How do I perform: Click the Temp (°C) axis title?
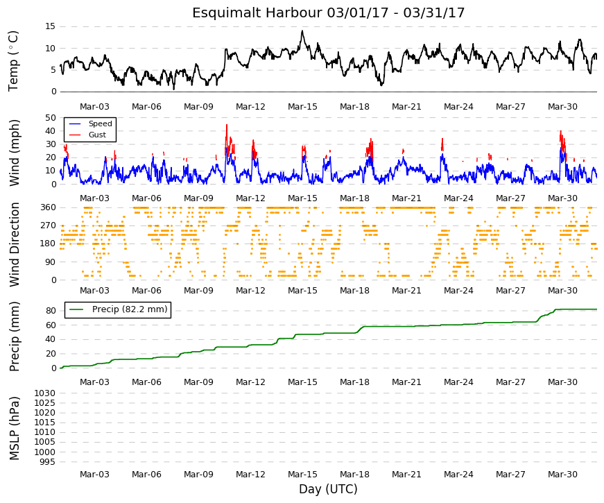pos(13,61)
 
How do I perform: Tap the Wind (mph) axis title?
pos(14,153)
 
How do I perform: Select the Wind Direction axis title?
pos(15,245)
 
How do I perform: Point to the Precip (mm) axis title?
pos(14,336)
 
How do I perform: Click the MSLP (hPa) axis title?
pos(14,428)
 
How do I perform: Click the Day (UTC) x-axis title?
pos(328,489)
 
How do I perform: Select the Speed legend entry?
pos(91,123)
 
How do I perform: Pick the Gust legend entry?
pos(87,135)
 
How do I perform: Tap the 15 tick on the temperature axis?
pos(51,26)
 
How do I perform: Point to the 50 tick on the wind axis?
pos(51,117)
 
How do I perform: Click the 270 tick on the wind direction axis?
pos(48,225)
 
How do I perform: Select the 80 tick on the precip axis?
pos(51,311)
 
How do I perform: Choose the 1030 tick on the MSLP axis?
pos(45,393)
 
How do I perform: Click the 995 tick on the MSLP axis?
pos(48,462)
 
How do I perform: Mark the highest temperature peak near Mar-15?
pos(302,31)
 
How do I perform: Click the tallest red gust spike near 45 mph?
pos(227,126)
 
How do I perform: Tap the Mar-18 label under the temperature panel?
pos(354,107)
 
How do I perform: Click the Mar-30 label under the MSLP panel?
pos(562,475)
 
